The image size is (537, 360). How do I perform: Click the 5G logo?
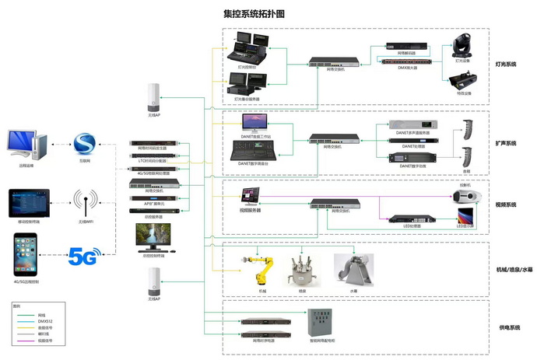[86, 255]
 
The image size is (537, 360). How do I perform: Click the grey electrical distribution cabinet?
[321, 322]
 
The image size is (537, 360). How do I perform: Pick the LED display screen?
[465, 217]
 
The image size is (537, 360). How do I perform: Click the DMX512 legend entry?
[28, 321]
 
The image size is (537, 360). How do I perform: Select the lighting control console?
[250, 48]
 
